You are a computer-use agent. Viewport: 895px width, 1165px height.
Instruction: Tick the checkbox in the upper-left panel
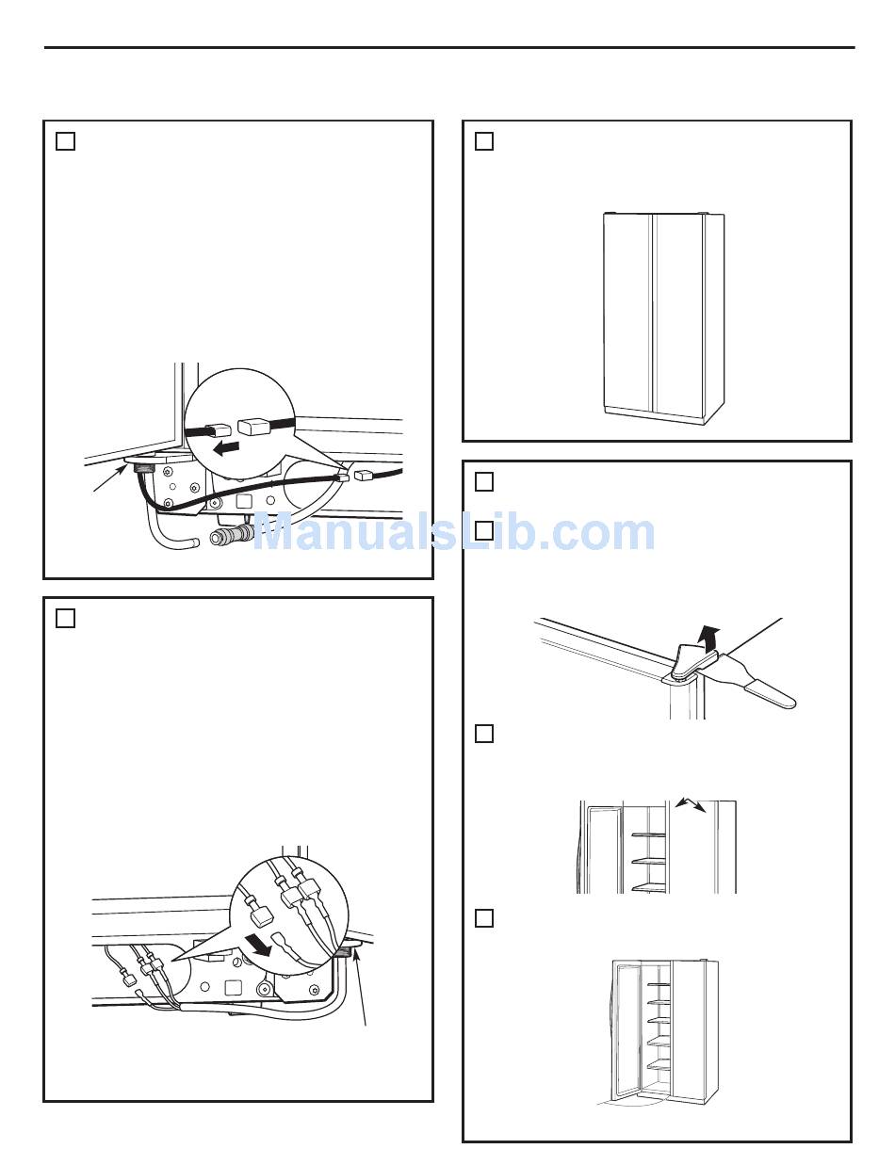pos(65,141)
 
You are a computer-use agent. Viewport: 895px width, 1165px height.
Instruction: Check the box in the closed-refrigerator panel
pos(484,141)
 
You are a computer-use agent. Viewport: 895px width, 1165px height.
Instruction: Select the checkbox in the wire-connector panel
pos(65,618)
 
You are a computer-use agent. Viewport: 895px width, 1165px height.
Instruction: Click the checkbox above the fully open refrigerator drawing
pos(484,918)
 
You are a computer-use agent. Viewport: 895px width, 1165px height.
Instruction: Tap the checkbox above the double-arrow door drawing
pos(484,734)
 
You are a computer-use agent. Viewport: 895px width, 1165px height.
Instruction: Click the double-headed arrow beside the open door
pos(691,818)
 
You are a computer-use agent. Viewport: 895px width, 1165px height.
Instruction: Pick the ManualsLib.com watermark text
pos(453,532)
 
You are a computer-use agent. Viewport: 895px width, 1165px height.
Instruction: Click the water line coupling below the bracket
pos(232,534)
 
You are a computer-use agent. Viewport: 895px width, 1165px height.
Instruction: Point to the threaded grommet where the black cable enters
pos(140,467)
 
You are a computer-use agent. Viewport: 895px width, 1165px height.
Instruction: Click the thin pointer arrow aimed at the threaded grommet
pos(111,478)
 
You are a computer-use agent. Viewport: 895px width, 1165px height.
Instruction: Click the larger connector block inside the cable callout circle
pos(254,428)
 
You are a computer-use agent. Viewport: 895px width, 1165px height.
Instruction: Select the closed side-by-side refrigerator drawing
pos(663,318)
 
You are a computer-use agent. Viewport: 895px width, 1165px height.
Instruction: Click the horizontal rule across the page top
pos(449,48)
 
